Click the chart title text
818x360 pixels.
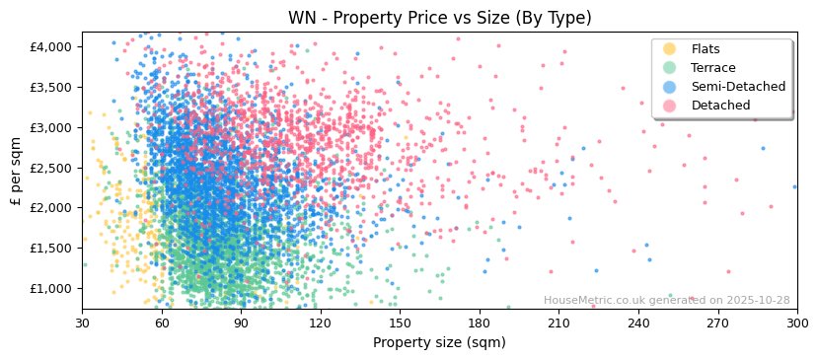tap(439, 18)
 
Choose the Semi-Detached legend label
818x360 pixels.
tap(738, 87)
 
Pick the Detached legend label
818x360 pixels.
tap(720, 106)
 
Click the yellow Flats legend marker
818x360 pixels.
tap(670, 49)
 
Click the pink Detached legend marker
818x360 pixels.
tap(670, 106)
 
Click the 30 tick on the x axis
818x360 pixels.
tap(82, 324)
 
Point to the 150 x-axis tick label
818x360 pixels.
tap(400, 324)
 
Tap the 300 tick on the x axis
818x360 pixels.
tap(796, 324)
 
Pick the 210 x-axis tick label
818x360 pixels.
tap(558, 324)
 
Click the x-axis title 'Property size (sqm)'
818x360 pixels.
tap(439, 343)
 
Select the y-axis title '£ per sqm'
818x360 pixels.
tap(17, 172)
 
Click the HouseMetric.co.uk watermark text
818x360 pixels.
tap(666, 301)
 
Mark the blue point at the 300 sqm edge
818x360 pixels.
tap(794, 186)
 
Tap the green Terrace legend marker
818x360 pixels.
tap(670, 68)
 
